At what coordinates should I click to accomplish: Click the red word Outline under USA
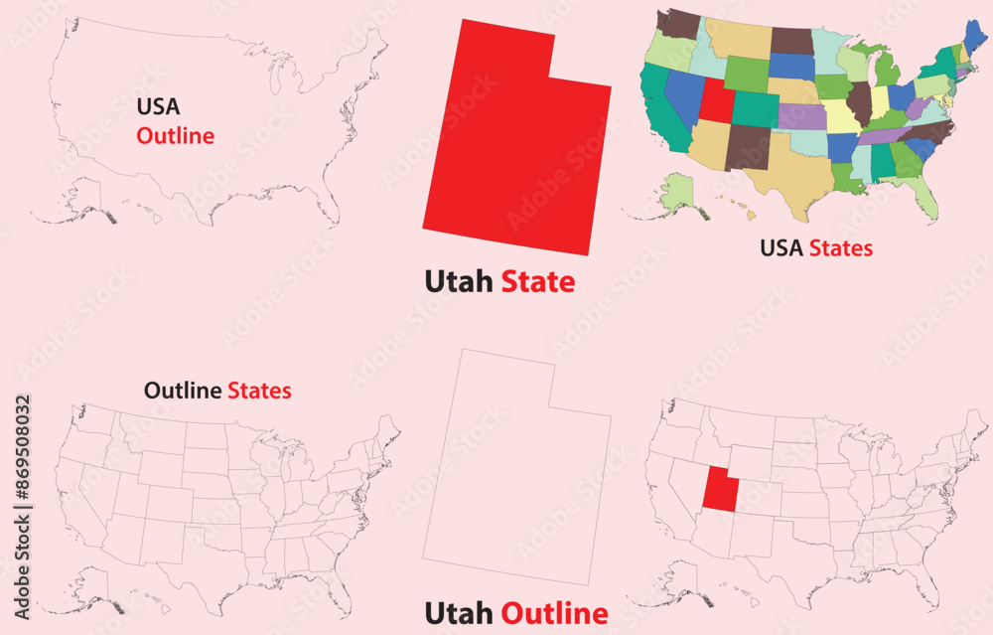point(175,136)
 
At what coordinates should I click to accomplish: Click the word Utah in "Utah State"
point(459,282)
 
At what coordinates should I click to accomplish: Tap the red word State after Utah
point(537,282)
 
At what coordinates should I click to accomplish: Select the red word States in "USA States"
point(840,248)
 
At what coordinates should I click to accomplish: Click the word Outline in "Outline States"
point(183,391)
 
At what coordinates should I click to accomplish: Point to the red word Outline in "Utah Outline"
point(554,613)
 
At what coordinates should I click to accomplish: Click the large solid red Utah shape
point(516,149)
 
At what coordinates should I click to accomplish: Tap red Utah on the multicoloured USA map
point(713,98)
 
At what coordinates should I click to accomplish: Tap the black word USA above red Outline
point(159,106)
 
